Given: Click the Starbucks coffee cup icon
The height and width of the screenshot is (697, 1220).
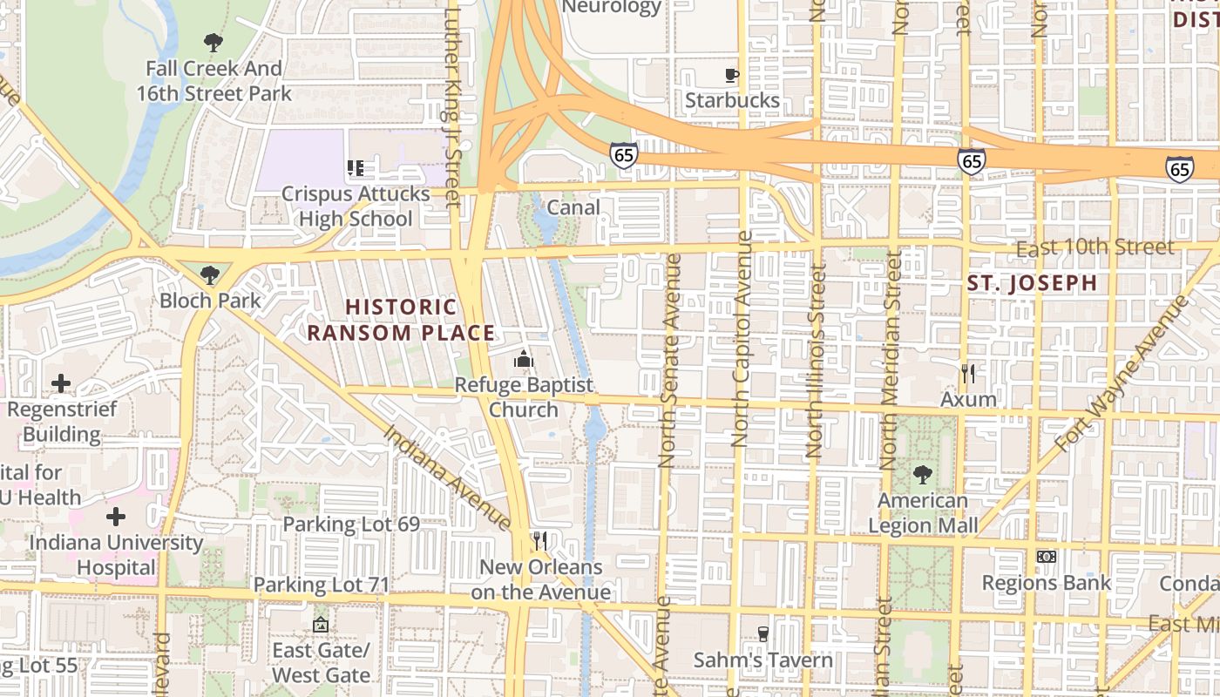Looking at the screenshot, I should coord(732,76).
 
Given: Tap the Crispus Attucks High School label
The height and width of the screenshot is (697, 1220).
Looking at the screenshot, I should coord(356,206).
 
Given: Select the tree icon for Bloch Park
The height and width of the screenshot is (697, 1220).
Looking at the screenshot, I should coord(209,276).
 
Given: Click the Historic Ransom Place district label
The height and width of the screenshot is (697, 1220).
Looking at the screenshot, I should coord(401,320).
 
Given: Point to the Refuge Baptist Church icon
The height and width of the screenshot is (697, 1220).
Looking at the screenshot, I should coord(523,359).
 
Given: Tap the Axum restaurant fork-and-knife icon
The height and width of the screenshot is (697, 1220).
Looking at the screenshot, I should coord(967,374).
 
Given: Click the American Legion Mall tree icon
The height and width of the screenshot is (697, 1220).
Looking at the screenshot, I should coord(923,475).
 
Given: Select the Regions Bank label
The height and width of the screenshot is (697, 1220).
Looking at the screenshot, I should coord(1046,583).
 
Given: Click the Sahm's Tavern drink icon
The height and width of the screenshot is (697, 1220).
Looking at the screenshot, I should coord(763,634).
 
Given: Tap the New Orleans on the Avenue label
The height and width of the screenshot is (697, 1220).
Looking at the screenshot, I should coord(540,579).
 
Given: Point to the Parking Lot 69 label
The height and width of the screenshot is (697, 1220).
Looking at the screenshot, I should coord(351,524).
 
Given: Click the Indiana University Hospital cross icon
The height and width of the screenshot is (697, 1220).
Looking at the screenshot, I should coord(115,518).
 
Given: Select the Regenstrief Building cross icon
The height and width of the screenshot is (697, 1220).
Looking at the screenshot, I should coord(61,383).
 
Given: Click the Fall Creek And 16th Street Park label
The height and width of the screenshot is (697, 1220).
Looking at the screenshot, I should coord(213,80).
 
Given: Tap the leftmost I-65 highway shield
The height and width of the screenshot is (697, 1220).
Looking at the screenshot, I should coord(623,156).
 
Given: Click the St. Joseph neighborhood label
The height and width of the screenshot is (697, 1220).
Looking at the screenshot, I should coord(1033,283).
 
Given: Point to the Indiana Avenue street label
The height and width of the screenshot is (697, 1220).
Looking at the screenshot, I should coord(446,477).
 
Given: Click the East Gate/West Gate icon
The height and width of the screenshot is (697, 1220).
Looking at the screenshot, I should coord(321,625).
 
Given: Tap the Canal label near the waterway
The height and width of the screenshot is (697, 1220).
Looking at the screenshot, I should coord(573,207).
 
